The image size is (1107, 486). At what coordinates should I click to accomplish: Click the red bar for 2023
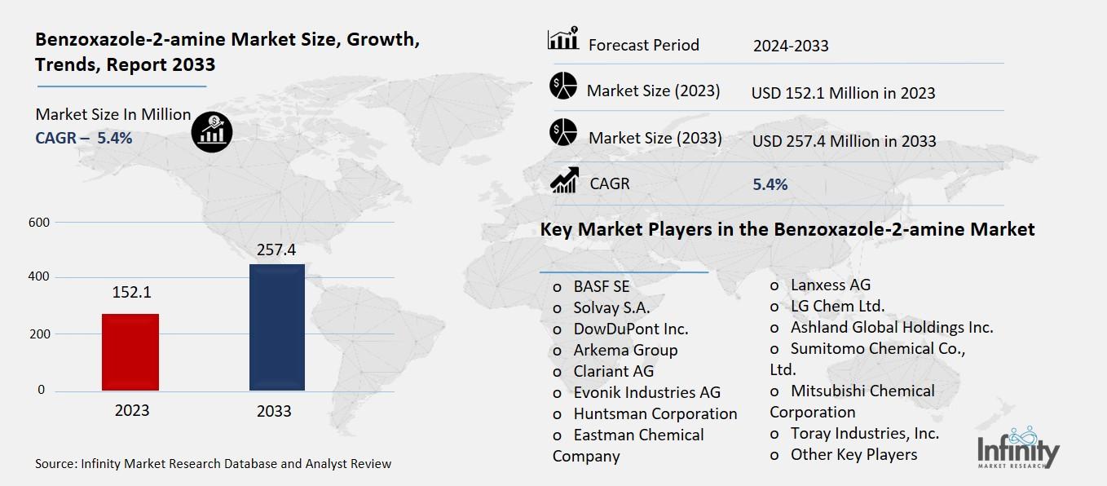(130, 351)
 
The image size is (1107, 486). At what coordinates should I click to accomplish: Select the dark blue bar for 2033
(276, 327)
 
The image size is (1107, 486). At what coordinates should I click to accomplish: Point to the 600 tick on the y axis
(39, 223)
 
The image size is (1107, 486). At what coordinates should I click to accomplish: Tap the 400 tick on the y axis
(39, 277)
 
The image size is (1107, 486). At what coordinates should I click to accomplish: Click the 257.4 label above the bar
(276, 250)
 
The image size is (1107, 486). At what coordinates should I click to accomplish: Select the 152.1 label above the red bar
(130, 292)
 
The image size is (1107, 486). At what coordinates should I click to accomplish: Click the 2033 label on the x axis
(274, 411)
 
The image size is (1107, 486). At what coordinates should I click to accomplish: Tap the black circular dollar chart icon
(212, 131)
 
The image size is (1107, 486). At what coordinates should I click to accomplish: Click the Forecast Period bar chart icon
(562, 39)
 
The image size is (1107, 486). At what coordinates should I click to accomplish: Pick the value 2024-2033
(790, 46)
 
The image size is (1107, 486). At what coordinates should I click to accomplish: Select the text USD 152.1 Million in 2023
(843, 93)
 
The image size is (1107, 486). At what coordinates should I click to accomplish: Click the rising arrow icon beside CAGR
(563, 180)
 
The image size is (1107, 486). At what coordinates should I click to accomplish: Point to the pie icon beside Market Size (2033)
(563, 133)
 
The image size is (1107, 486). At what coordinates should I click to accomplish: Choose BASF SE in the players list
(601, 286)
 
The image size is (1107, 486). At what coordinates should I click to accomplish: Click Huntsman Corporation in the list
(655, 413)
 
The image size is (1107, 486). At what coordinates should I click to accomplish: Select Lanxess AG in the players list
(830, 285)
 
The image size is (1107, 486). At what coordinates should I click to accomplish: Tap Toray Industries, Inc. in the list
(864, 433)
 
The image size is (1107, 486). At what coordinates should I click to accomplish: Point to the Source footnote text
(213, 464)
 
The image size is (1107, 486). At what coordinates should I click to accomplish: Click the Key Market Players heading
(787, 230)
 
